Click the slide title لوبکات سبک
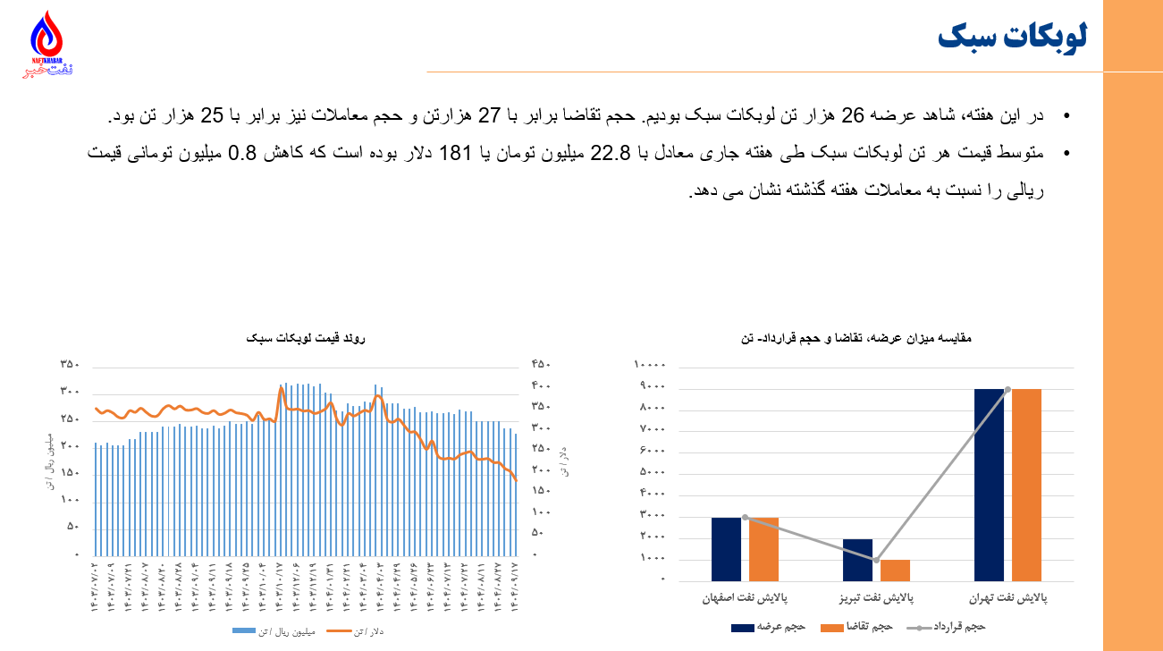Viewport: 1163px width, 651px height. click(1012, 37)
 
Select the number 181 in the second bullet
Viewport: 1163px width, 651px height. click(455, 154)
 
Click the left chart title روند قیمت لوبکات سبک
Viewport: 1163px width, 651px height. click(307, 339)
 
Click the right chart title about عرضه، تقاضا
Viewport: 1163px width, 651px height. click(856, 339)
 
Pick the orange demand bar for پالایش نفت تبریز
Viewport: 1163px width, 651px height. click(895, 571)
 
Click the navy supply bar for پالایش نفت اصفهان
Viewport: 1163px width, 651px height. click(726, 549)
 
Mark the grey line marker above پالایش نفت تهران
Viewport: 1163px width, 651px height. click(1007, 389)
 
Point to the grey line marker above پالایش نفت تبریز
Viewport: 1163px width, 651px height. click(876, 560)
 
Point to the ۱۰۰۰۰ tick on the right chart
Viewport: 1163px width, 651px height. click(650, 365)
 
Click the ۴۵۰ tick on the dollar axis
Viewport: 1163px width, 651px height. click(541, 364)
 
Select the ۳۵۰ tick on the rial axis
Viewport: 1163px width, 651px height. click(70, 364)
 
